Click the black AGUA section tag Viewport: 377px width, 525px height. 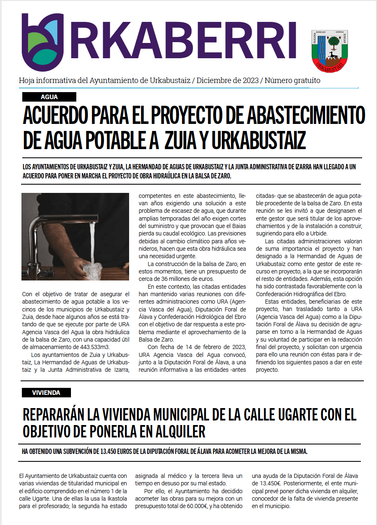tap(49, 97)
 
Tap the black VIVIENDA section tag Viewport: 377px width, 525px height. tap(46, 393)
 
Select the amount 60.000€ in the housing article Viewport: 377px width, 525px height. tap(197, 506)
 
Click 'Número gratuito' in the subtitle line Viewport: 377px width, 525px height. tap(292, 81)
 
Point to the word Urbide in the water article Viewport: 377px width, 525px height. tap(318, 234)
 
